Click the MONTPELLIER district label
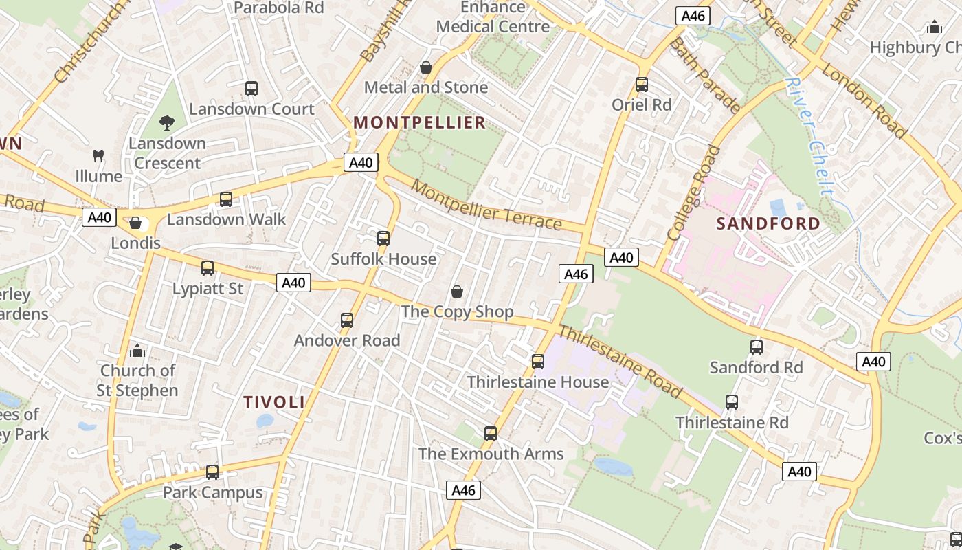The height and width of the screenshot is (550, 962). (x=419, y=123)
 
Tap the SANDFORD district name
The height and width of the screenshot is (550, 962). (x=768, y=223)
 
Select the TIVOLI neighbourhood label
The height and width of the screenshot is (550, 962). (x=274, y=402)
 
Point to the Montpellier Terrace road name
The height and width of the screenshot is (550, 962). (x=487, y=204)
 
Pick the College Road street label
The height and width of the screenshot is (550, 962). (x=695, y=192)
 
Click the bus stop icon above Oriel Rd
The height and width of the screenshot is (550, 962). (x=642, y=85)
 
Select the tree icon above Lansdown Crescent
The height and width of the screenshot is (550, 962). (x=167, y=123)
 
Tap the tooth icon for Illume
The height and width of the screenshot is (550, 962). (x=98, y=156)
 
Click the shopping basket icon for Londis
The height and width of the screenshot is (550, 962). (x=135, y=223)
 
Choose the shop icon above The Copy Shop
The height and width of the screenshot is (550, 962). (x=457, y=291)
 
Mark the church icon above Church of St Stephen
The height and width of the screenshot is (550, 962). (x=137, y=351)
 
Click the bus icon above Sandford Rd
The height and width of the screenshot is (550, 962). (x=757, y=347)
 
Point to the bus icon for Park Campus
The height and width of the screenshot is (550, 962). (x=212, y=472)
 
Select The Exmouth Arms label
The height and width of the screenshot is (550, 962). (x=491, y=454)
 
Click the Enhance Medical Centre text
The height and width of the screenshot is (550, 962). (x=493, y=17)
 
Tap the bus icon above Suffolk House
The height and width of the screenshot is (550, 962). (x=383, y=239)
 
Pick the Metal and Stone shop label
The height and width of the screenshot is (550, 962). (x=426, y=87)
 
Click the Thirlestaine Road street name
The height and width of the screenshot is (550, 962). (x=620, y=362)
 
